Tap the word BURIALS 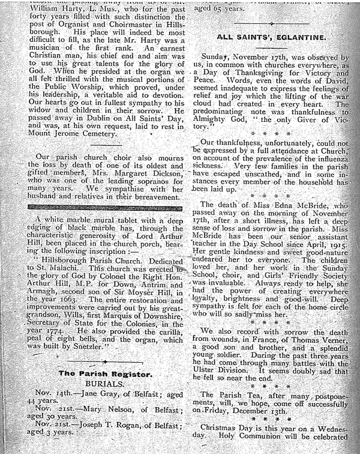(x=105, y=385)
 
